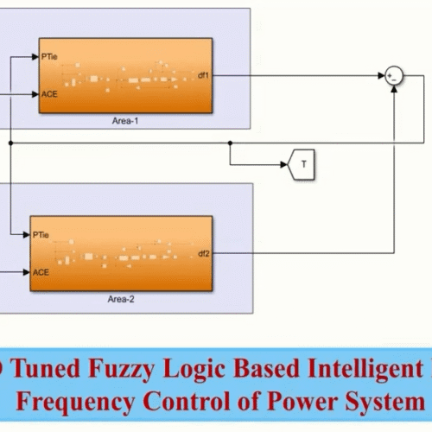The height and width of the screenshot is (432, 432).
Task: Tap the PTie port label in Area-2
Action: (41, 234)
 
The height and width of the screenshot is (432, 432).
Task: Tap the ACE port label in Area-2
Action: (41, 271)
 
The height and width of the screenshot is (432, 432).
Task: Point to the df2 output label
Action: (202, 253)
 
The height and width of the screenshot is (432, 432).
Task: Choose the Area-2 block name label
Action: (121, 300)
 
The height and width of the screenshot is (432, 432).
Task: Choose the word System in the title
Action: (388, 401)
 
